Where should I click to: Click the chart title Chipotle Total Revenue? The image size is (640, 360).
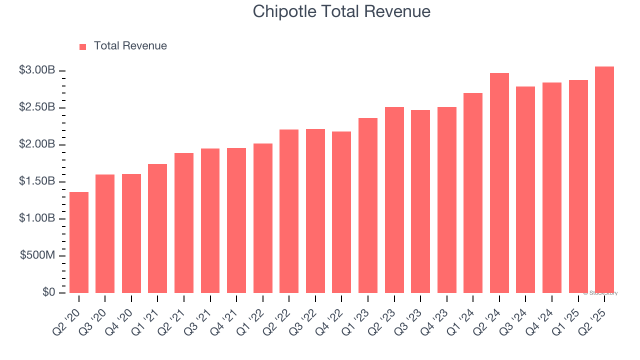(x=341, y=11)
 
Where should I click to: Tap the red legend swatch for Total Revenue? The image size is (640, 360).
(x=83, y=46)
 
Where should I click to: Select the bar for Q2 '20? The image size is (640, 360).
(x=79, y=242)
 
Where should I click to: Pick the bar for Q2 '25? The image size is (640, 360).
(x=604, y=180)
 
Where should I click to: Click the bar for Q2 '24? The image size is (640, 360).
(x=499, y=183)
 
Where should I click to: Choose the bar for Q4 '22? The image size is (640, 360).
(x=341, y=212)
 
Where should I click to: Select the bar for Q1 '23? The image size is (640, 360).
(x=368, y=205)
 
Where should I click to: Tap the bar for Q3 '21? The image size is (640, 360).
(x=210, y=220)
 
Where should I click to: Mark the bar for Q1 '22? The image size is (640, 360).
(x=263, y=218)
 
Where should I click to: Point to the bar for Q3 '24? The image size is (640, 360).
(x=525, y=189)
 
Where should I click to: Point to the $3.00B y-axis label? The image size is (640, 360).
(x=37, y=70)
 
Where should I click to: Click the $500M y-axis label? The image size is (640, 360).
(x=37, y=255)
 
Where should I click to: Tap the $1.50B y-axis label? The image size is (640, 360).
(x=37, y=181)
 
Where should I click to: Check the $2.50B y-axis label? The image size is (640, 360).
(x=37, y=107)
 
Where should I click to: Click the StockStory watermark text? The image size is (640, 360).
(x=600, y=293)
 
